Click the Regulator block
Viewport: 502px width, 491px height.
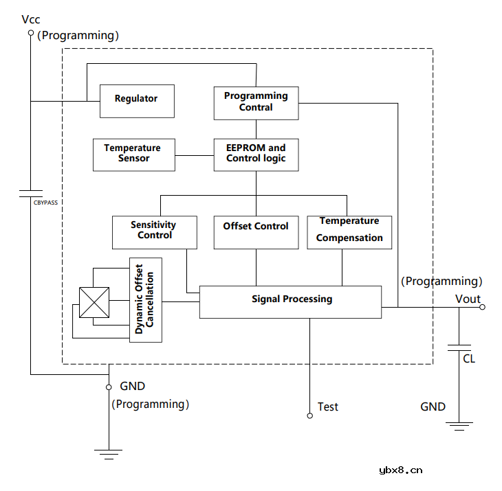[x=136, y=100]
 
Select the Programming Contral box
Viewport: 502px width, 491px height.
[x=256, y=102]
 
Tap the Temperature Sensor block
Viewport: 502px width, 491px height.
[x=133, y=155]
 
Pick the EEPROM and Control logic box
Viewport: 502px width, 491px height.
[x=256, y=155]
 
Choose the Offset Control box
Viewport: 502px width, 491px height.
[x=256, y=232]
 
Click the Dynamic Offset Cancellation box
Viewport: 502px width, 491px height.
[x=146, y=299]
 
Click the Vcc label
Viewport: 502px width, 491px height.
[x=31, y=19]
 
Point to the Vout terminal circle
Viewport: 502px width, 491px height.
[x=482, y=307]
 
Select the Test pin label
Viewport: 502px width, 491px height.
[x=328, y=407]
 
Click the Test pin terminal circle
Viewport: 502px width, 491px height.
[x=309, y=415]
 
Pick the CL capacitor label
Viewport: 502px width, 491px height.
[x=468, y=358]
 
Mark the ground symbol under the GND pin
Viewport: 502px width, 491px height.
[x=109, y=451]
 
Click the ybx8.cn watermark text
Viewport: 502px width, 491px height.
[x=400, y=470]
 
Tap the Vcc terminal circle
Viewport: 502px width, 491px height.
[x=30, y=32]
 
